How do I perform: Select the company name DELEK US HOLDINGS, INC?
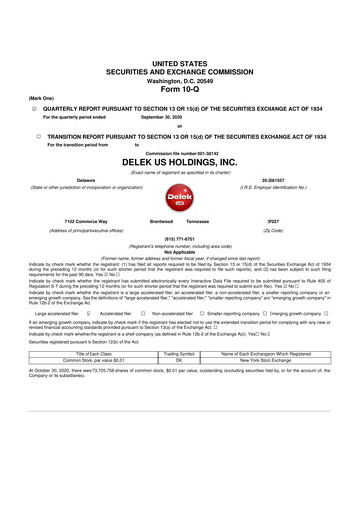(180, 161)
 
